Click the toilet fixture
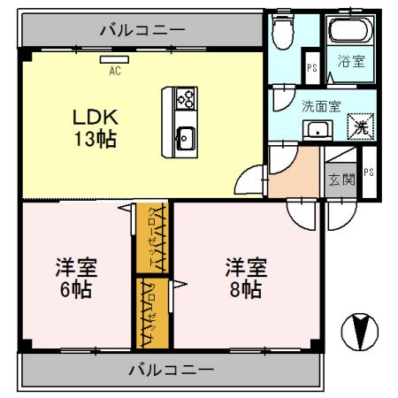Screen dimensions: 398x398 pos(282,34)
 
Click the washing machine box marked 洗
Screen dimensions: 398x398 pos(358,126)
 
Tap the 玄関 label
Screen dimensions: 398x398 pos(341,179)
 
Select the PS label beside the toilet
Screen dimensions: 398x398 pos(311,66)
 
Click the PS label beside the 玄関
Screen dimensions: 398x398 pos(368,172)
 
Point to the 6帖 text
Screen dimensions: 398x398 pos(77,288)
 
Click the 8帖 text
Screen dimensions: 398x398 pos(243,288)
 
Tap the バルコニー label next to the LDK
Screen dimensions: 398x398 pos(142,29)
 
